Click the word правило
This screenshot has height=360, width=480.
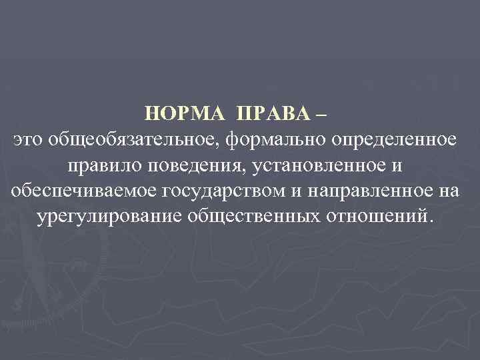(x=99, y=165)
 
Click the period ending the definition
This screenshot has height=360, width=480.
(x=431, y=221)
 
